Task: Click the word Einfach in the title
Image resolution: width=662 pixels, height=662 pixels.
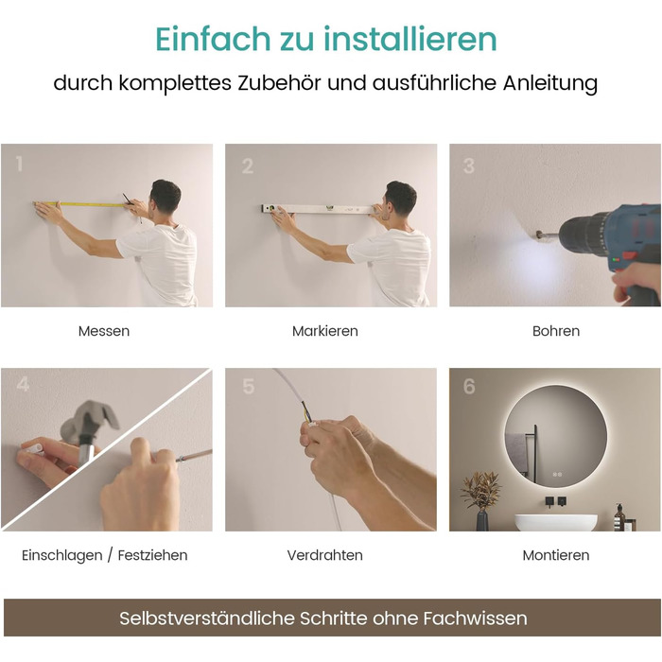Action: (213, 39)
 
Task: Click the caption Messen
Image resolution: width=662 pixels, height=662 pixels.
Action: (104, 331)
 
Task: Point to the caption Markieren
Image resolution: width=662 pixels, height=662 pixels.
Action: (325, 331)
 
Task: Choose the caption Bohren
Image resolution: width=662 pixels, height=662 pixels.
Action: (556, 331)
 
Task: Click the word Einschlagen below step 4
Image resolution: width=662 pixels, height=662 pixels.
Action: (62, 555)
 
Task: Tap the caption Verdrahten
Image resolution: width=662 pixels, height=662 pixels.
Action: (325, 555)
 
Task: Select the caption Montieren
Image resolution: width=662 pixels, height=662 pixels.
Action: (556, 555)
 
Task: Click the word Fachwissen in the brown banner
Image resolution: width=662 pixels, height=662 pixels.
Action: (476, 618)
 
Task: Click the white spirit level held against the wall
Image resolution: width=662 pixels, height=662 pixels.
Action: (319, 209)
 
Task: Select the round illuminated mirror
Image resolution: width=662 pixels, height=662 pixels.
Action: (556, 437)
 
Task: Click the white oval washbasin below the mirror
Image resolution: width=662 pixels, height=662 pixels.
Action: (556, 522)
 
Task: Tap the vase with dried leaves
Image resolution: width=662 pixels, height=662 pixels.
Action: (481, 501)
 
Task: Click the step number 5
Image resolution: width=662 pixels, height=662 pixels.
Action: (249, 386)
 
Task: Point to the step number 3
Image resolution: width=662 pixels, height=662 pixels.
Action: (469, 165)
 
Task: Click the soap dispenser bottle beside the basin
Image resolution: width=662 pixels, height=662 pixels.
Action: (619, 517)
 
